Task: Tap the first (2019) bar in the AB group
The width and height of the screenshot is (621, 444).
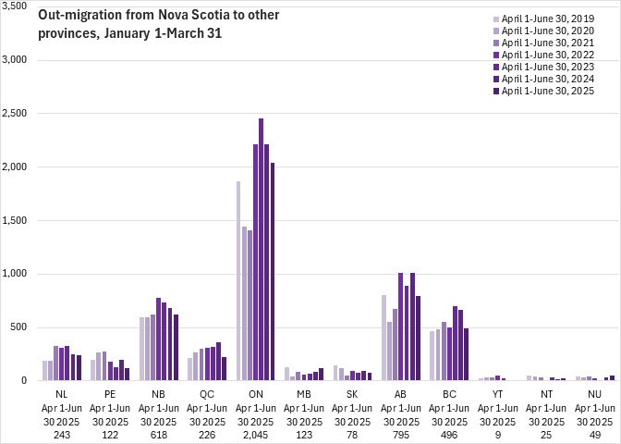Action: click(x=384, y=338)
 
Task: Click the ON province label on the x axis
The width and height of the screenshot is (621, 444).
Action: click(x=256, y=394)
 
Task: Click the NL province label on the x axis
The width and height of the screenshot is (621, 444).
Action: click(x=62, y=394)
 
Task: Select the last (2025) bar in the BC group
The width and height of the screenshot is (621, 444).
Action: click(x=467, y=354)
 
